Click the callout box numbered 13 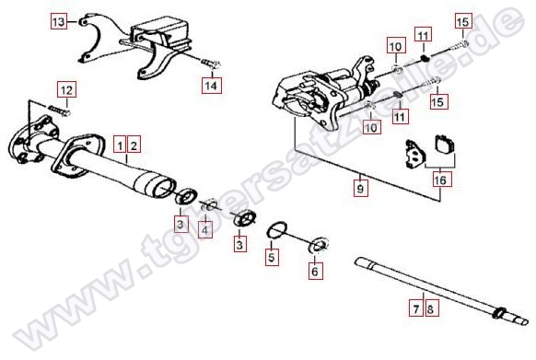pos(59,21)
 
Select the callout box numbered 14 pos(211,85)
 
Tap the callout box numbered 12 pos(66,90)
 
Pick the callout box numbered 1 pos(120,146)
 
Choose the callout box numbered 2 pos(134,146)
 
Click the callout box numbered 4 pos(204,230)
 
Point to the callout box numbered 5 pos(272,258)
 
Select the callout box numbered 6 pos(314,272)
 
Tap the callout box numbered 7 pos(415,309)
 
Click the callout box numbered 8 pos(430,309)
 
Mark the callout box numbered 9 pos(360,188)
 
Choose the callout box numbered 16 pos(440,180)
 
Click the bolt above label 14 pos(209,64)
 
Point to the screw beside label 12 pos(60,110)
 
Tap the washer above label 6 pos(319,244)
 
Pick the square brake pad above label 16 pos(446,144)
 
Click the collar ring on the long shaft pos(500,312)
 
